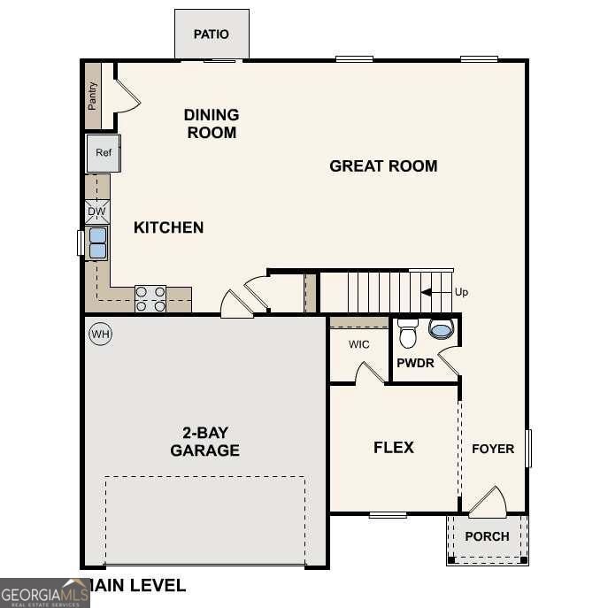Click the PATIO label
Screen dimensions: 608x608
pos(212,35)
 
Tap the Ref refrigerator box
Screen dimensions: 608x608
pos(104,153)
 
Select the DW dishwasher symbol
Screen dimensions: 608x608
pos(97,212)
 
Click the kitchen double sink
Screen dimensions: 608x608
pos(97,242)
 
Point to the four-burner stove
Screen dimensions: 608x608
pos(150,298)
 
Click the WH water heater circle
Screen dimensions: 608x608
pos(100,334)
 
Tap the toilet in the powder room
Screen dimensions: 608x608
pos(407,334)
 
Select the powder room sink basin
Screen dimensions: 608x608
pos(440,329)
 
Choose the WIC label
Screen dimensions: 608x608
pos(358,343)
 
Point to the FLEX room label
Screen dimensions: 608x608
pos(394,447)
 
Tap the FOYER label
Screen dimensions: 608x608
pos(492,449)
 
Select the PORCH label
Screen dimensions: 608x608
pos(487,536)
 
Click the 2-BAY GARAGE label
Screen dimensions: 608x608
pos(204,442)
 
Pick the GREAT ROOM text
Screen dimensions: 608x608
pos(383,165)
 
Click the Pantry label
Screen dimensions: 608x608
pos(92,96)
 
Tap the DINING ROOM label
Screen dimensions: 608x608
pos(211,124)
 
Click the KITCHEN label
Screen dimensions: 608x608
pos(168,227)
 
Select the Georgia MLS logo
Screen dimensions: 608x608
pos(44,592)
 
